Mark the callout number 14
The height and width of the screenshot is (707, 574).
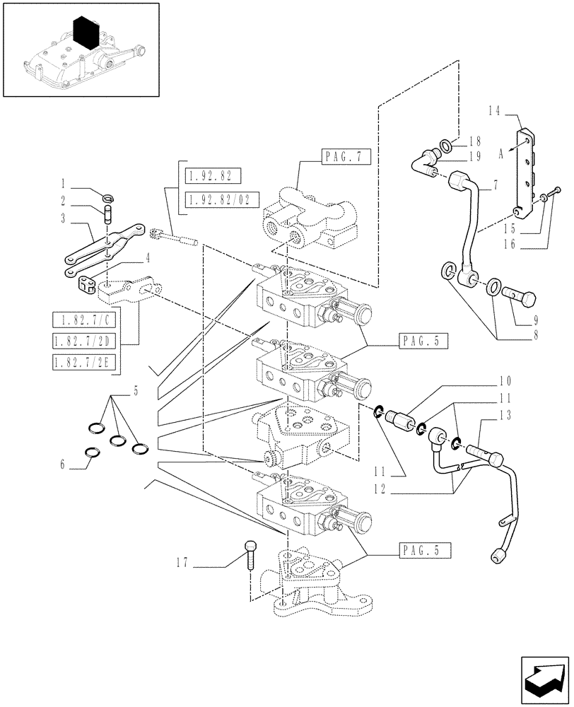pyautogui.click(x=493, y=110)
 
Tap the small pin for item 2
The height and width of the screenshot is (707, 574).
pyautogui.click(x=108, y=214)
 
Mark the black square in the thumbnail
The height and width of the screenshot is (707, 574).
pyautogui.click(x=86, y=33)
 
